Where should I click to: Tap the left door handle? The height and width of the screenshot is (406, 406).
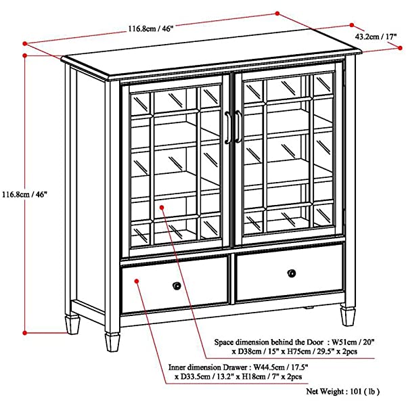[x=228, y=127]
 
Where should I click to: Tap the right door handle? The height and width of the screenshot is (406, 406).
[x=238, y=127]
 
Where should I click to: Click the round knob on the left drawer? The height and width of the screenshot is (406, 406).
[x=177, y=286]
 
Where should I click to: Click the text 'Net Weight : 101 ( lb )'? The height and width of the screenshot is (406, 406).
[x=343, y=391]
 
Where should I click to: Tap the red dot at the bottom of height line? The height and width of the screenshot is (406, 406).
[x=25, y=333]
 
